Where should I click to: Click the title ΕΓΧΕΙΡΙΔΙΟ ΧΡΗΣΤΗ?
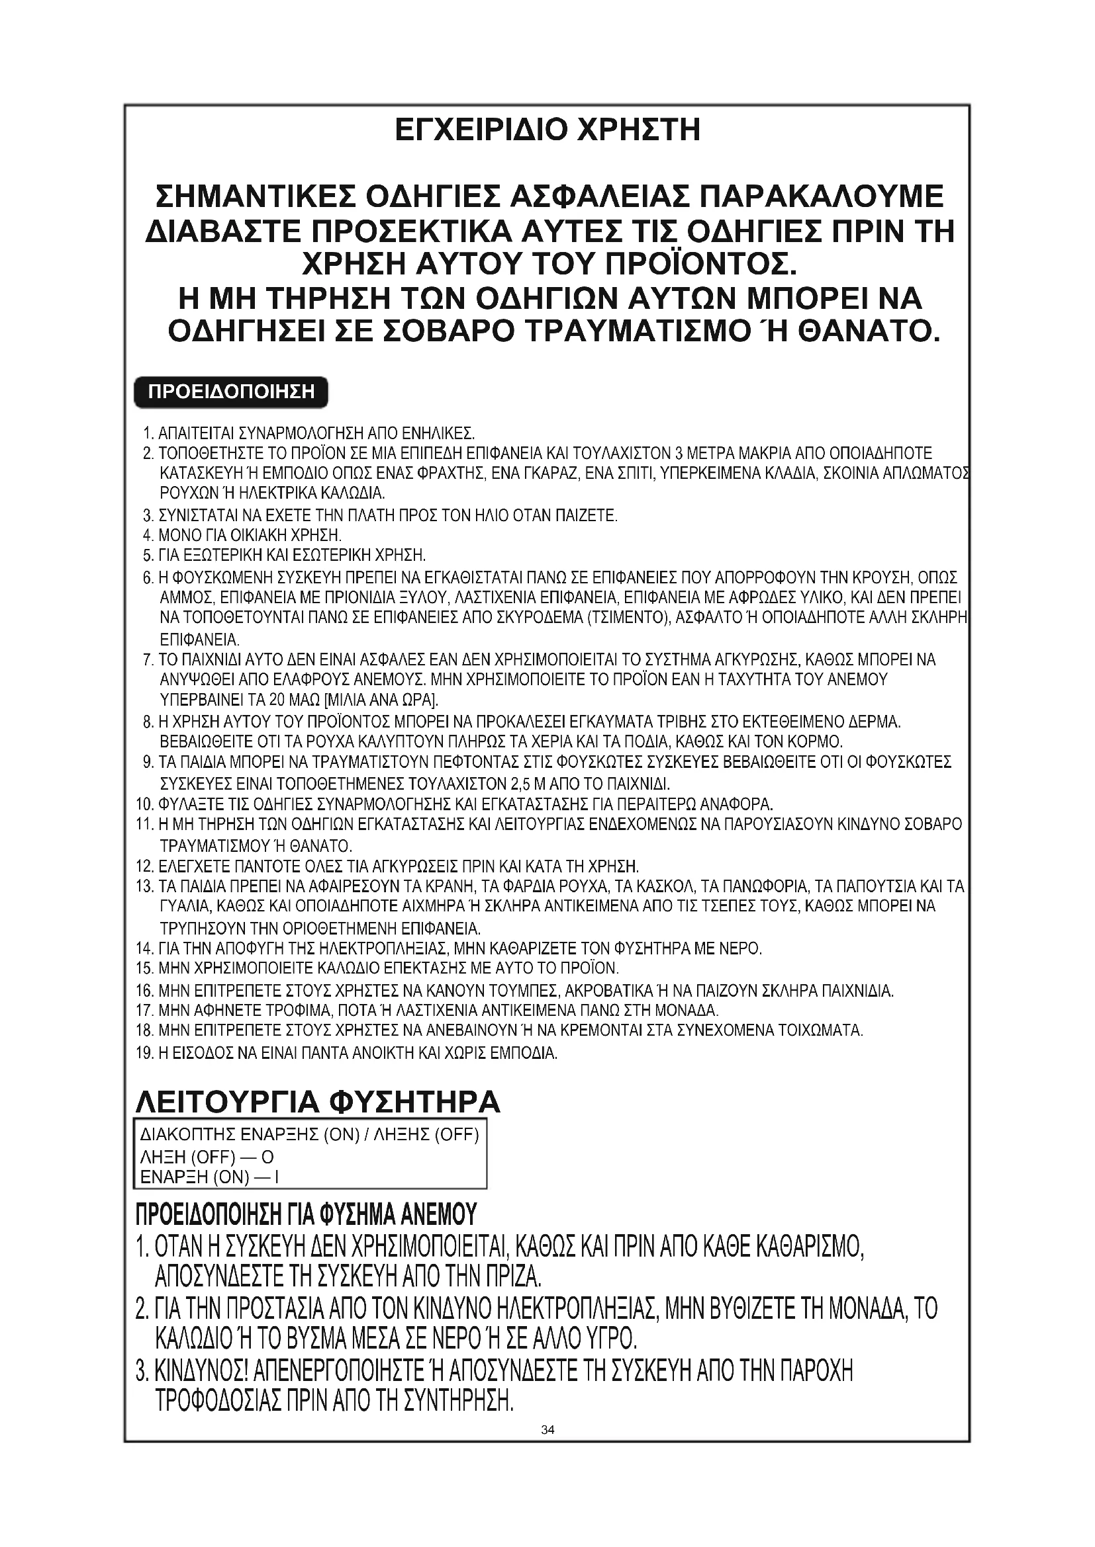coord(547,130)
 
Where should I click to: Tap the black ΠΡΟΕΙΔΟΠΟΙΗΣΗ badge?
coord(231,392)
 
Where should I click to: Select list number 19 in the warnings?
coord(145,1052)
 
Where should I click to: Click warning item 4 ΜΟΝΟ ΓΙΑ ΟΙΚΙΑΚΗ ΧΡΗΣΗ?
coord(250,536)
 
